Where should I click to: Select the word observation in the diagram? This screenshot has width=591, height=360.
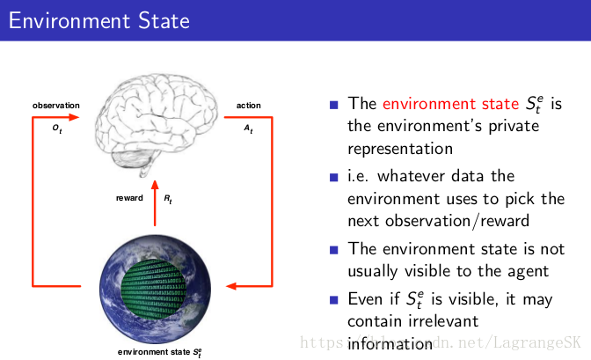click(56, 106)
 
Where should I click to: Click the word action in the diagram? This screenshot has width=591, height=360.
click(248, 106)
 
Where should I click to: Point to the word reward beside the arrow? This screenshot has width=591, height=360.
click(129, 198)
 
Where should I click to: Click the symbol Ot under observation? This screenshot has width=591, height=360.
click(57, 128)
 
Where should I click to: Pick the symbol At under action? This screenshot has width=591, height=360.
click(248, 128)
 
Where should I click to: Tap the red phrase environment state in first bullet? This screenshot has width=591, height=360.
click(450, 104)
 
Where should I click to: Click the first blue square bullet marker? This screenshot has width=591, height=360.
click(334, 105)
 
